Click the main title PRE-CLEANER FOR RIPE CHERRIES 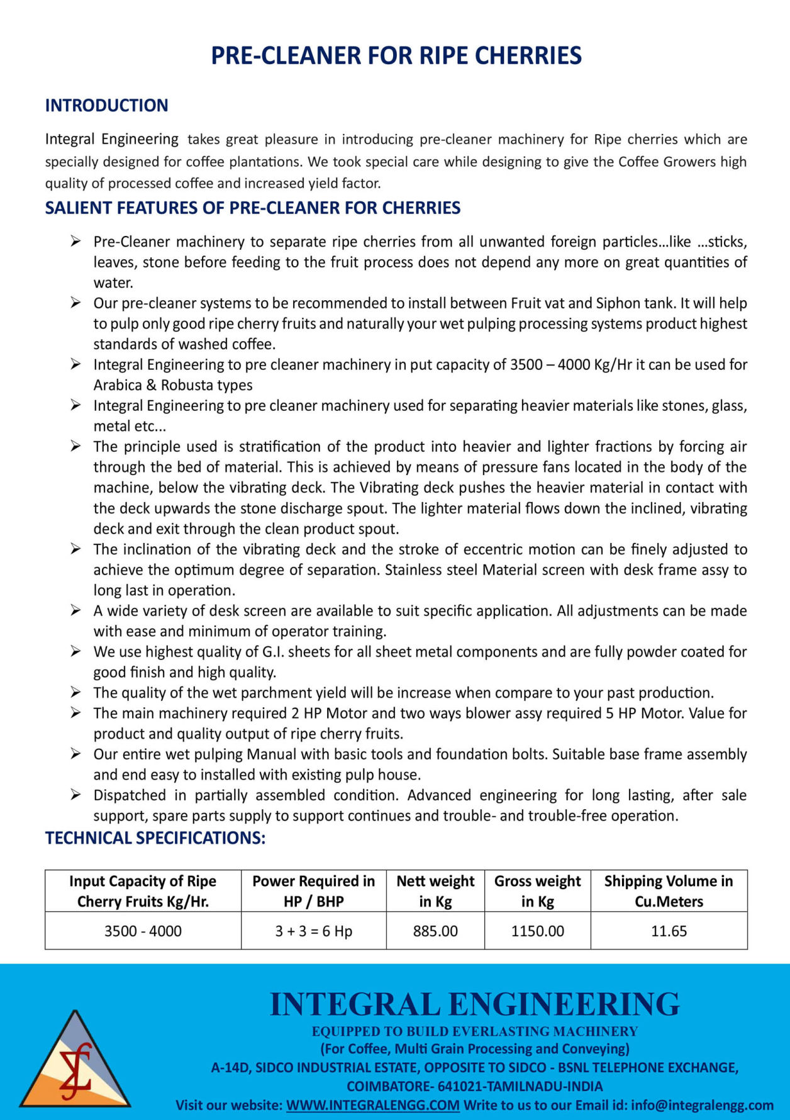(x=396, y=55)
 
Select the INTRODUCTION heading (x=106, y=105)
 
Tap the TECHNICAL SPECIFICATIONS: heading (x=155, y=838)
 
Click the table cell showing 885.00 (x=435, y=931)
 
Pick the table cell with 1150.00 (x=537, y=931)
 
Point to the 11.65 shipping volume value (x=669, y=931)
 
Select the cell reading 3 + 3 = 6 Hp (x=313, y=931)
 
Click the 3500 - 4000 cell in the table (x=143, y=931)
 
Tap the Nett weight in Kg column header (x=435, y=891)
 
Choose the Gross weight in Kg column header (x=537, y=891)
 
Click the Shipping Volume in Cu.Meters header (x=669, y=891)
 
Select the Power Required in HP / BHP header (x=313, y=891)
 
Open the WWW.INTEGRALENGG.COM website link (x=372, y=1105)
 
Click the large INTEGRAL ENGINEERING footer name (x=474, y=1004)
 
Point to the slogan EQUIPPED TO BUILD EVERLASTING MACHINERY (x=474, y=1031)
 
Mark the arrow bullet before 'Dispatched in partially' (x=75, y=795)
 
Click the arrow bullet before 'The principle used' (x=75, y=446)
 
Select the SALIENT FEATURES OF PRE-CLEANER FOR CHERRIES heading (x=252, y=208)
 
